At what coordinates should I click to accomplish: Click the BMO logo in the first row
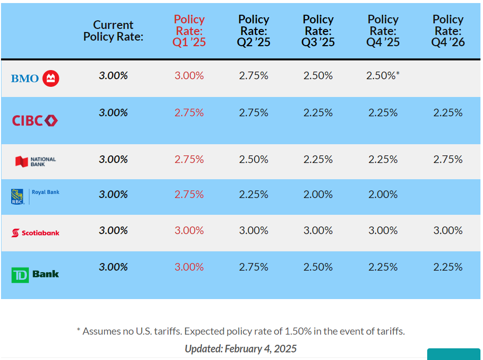pyautogui.click(x=35, y=78)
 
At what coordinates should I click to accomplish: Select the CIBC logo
pyautogui.click(x=35, y=120)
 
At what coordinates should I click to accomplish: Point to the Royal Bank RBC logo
pyautogui.click(x=35, y=195)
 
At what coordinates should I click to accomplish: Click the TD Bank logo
pyautogui.click(x=35, y=275)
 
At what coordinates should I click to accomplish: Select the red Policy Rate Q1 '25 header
pyautogui.click(x=189, y=31)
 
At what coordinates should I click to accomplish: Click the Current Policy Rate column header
pyautogui.click(x=113, y=31)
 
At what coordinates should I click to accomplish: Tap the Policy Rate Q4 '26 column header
pyautogui.click(x=448, y=31)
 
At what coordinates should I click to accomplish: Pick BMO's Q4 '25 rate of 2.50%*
pyautogui.click(x=383, y=76)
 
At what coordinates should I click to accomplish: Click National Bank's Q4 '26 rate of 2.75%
pyautogui.click(x=448, y=159)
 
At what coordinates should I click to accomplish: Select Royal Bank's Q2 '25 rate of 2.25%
pyautogui.click(x=254, y=194)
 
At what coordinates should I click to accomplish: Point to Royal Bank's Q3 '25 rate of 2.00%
pyautogui.click(x=318, y=194)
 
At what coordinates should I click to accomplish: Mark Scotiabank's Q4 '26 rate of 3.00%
pyautogui.click(x=448, y=231)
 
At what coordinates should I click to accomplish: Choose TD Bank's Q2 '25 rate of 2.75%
pyautogui.click(x=254, y=267)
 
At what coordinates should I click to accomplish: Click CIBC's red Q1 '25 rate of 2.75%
pyautogui.click(x=189, y=113)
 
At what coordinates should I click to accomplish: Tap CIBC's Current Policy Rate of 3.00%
pyautogui.click(x=113, y=113)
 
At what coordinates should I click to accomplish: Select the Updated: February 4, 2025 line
pyautogui.click(x=240, y=349)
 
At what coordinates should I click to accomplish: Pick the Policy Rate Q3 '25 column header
pyautogui.click(x=318, y=31)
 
